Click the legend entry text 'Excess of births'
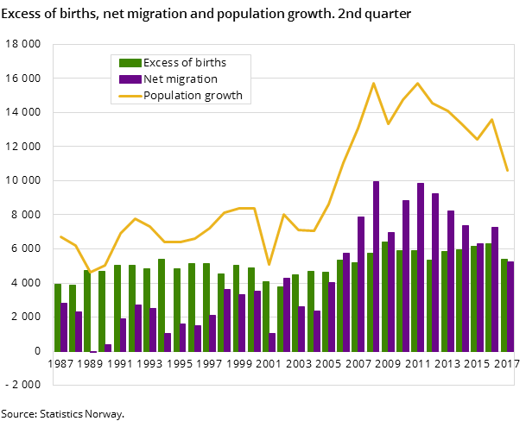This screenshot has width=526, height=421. pyautogui.click(x=185, y=62)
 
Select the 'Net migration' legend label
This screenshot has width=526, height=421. pyautogui.click(x=180, y=79)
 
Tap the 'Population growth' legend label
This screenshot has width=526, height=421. pyautogui.click(x=193, y=95)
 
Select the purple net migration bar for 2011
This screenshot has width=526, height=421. pyautogui.click(x=421, y=267)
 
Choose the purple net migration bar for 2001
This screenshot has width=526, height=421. pyautogui.click(x=272, y=342)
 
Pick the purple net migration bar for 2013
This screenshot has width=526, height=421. pyautogui.click(x=451, y=280)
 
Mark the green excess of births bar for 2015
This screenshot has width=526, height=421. pyautogui.click(x=474, y=298)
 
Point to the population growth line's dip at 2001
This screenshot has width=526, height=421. pyautogui.click(x=269, y=264)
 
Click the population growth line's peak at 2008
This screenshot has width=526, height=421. pyautogui.click(x=373, y=83)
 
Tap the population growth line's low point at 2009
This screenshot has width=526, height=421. pyautogui.click(x=388, y=123)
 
